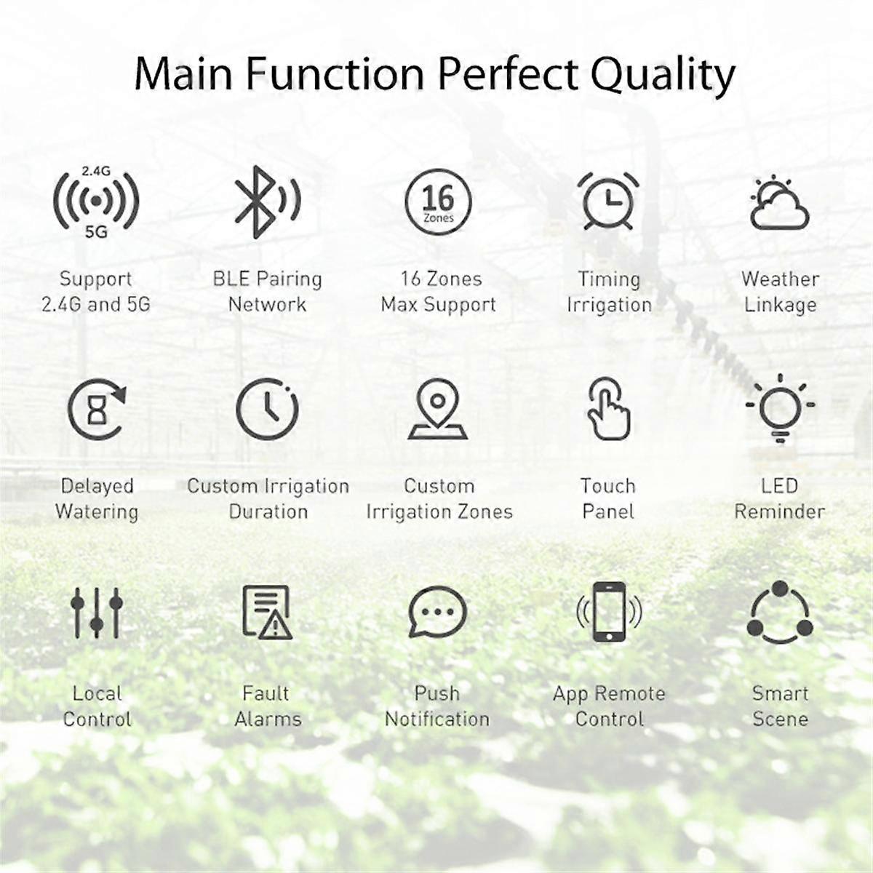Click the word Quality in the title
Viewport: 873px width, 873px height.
tap(662, 74)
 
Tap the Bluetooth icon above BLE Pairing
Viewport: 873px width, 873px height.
tap(265, 202)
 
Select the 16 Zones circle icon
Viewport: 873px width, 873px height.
tap(438, 202)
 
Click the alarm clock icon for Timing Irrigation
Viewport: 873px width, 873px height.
tap(608, 200)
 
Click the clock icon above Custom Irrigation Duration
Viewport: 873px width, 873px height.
tap(267, 409)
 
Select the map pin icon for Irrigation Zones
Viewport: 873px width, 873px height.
tap(437, 409)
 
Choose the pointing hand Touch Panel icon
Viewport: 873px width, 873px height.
tap(608, 409)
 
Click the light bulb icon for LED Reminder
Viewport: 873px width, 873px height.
tap(780, 407)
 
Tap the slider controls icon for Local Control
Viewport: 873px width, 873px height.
tap(97, 613)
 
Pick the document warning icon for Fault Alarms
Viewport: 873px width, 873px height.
tap(267, 613)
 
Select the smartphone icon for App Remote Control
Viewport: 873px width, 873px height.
tap(608, 613)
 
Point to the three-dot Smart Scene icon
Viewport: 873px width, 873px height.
tap(780, 613)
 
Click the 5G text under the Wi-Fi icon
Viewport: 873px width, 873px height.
tap(96, 232)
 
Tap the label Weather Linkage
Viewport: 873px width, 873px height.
tap(780, 292)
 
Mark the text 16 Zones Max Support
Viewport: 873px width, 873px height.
tap(438, 292)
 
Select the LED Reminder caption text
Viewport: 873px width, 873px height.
tap(780, 498)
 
